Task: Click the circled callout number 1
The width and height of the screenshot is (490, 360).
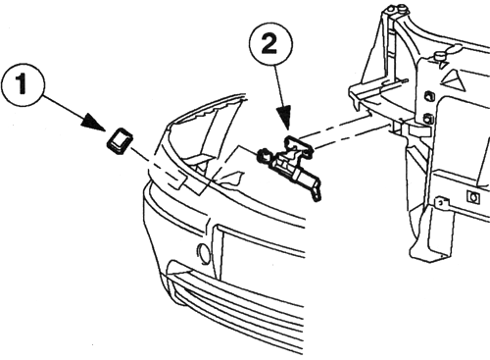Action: tap(22, 83)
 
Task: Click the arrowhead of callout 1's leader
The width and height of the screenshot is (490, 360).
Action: tap(94, 123)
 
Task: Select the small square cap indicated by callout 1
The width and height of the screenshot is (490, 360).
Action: tap(119, 141)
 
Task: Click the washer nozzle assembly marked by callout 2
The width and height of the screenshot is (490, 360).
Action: tap(290, 165)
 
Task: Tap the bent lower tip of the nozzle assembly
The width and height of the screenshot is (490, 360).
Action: tap(317, 194)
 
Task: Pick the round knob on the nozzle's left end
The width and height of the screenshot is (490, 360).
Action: tap(265, 154)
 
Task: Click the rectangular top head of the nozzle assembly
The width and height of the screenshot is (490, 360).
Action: tap(299, 145)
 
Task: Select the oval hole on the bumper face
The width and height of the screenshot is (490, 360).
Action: tap(205, 253)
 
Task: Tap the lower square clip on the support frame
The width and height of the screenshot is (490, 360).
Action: tap(428, 119)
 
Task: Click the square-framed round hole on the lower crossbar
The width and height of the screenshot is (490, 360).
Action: tap(473, 197)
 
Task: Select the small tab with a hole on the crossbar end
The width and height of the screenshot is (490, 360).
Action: tap(442, 203)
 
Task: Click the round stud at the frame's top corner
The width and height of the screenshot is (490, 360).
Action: tap(401, 7)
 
